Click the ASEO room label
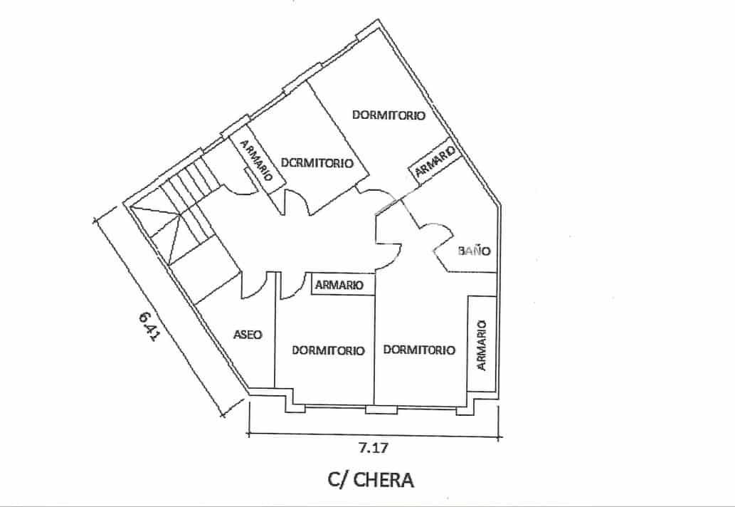(248, 334)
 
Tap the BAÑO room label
(475, 251)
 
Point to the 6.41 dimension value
(148, 328)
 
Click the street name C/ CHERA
(370, 480)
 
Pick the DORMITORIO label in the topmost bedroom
(388, 115)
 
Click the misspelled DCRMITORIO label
(317, 162)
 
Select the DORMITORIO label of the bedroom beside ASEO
(328, 350)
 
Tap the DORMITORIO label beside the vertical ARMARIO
(419, 350)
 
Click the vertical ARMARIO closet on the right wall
(482, 343)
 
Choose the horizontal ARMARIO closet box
(339, 285)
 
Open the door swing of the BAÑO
(435, 239)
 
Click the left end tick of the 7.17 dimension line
(248, 432)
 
